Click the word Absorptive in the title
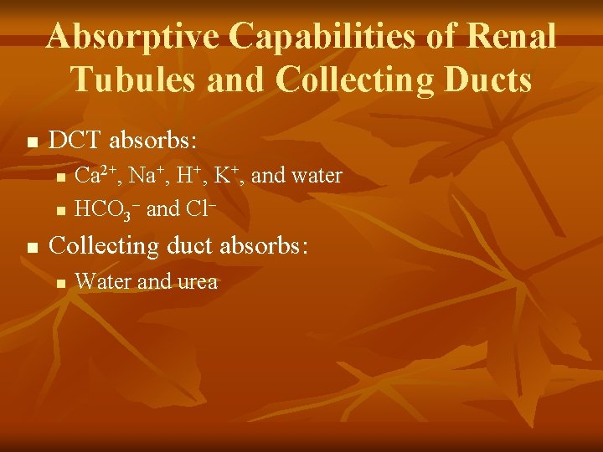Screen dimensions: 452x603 (x=132, y=37)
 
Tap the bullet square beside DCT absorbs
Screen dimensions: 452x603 (x=33, y=141)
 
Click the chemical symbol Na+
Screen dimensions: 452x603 (x=147, y=175)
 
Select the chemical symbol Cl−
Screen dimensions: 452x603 (x=200, y=208)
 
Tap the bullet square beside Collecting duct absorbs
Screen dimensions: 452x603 (x=33, y=248)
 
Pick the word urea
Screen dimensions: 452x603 (x=197, y=282)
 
